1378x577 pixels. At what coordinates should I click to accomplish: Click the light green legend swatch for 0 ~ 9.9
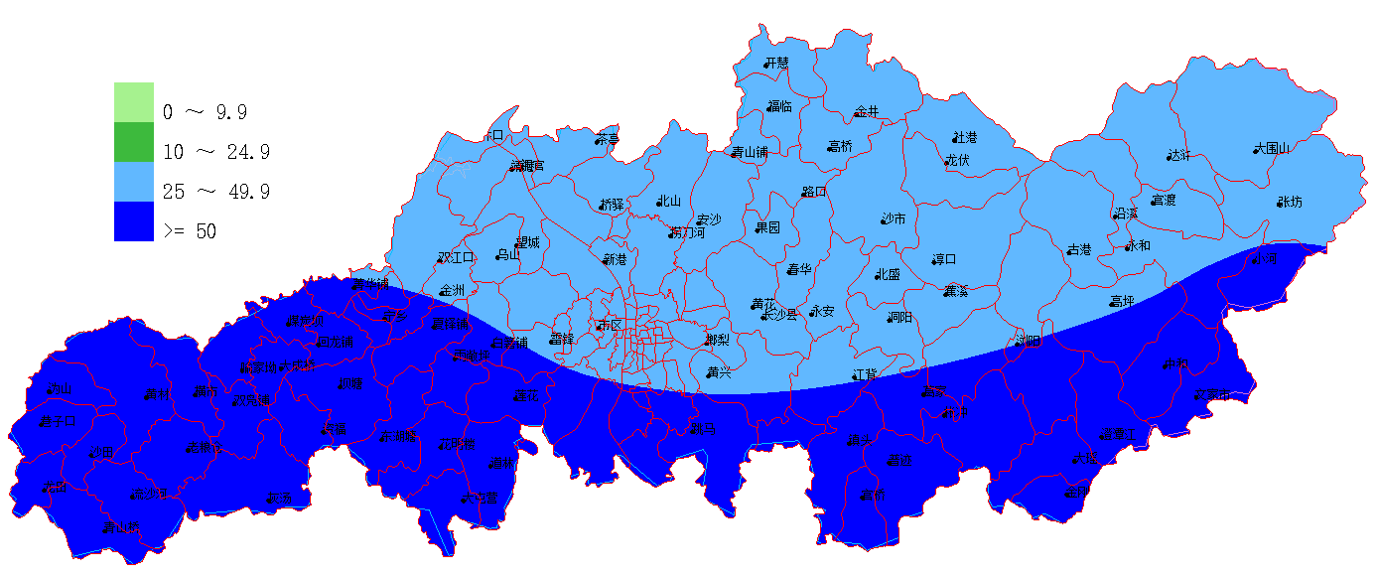[134, 101]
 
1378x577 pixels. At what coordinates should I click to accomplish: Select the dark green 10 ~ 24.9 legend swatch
[134, 142]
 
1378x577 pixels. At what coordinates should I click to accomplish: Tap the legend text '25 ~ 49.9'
[216, 192]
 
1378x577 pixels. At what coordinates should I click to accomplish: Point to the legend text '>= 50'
[190, 231]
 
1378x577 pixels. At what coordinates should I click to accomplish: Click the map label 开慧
[777, 63]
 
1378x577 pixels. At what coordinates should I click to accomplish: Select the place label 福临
[780, 106]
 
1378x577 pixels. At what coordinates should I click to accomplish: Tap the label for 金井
[868, 112]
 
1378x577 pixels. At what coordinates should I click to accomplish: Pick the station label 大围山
[1273, 148]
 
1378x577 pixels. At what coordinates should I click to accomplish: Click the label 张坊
[1290, 202]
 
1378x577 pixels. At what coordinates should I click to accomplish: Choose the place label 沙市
[894, 218]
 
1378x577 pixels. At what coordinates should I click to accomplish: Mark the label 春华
[800, 269]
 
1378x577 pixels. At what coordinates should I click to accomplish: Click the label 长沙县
[780, 314]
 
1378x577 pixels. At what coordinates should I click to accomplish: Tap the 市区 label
[608, 325]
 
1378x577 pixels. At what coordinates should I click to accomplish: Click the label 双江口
[458, 257]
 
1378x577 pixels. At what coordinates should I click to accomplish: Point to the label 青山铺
[751, 153]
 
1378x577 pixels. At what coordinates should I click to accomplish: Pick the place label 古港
[1079, 249]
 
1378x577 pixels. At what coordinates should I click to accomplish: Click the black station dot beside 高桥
[829, 147]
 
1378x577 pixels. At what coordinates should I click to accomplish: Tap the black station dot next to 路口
[803, 193]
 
